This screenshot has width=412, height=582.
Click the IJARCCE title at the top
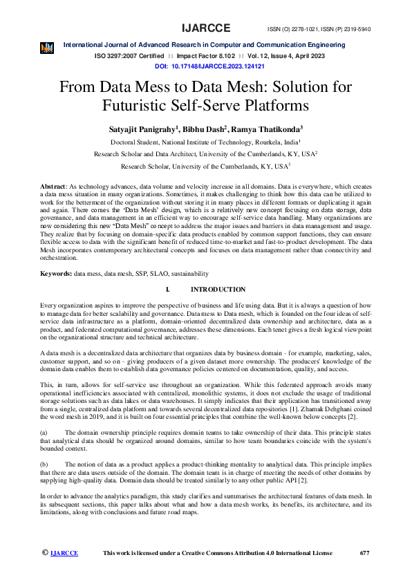coord(206,28)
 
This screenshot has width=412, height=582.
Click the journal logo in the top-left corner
coord(47,48)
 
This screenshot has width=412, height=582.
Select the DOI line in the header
coord(210,66)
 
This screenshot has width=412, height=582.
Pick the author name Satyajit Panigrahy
coord(145,129)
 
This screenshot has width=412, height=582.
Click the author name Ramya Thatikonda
coord(268,129)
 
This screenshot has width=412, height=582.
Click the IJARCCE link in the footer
coord(64,553)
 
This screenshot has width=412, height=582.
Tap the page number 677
coord(366,553)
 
